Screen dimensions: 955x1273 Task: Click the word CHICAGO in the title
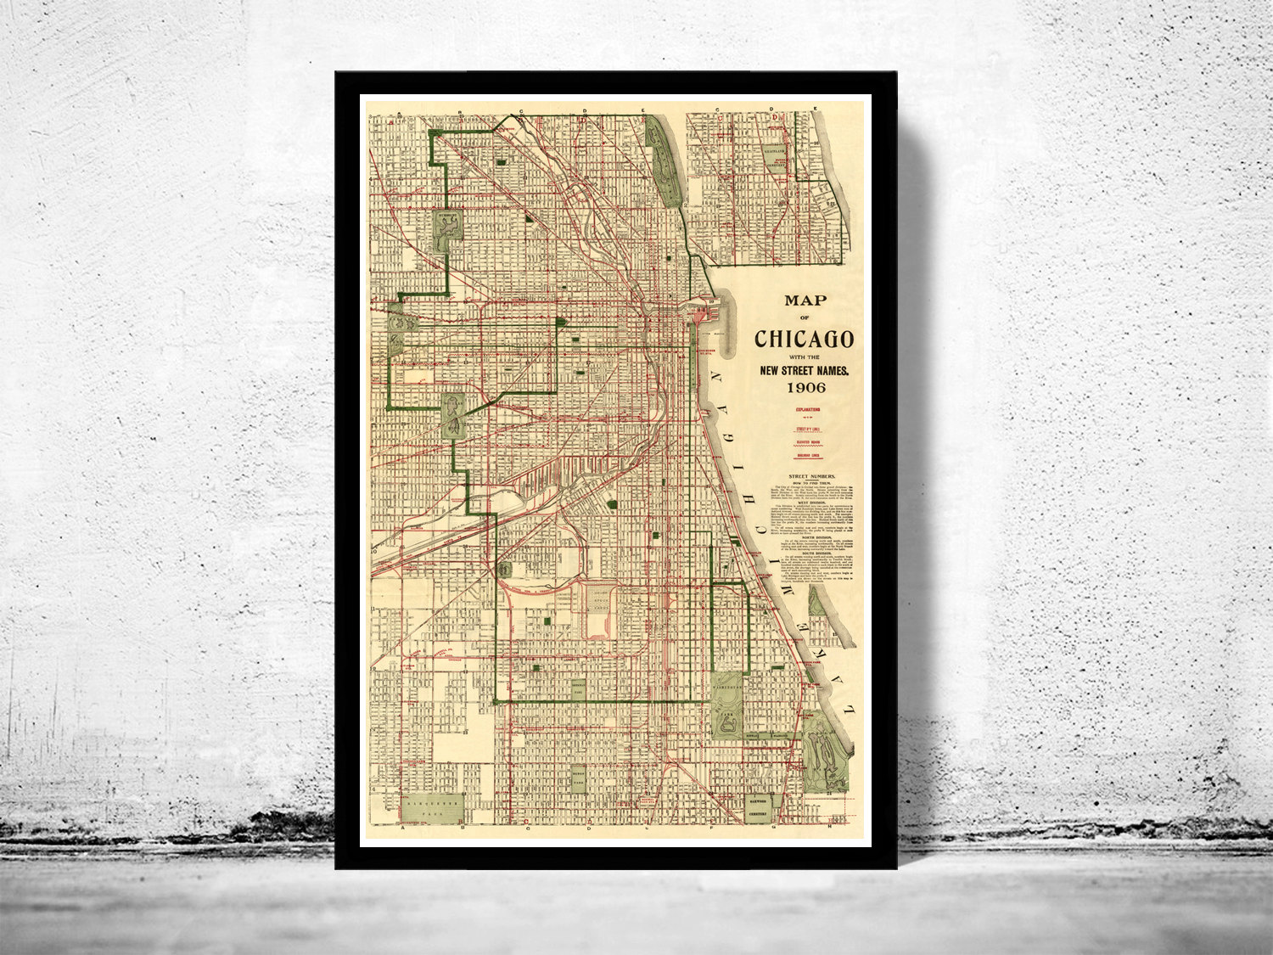point(804,339)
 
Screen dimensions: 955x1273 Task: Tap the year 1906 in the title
point(804,388)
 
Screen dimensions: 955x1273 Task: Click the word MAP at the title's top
point(805,300)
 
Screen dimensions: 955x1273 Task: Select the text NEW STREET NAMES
point(804,370)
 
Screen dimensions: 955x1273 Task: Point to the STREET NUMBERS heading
point(812,476)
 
